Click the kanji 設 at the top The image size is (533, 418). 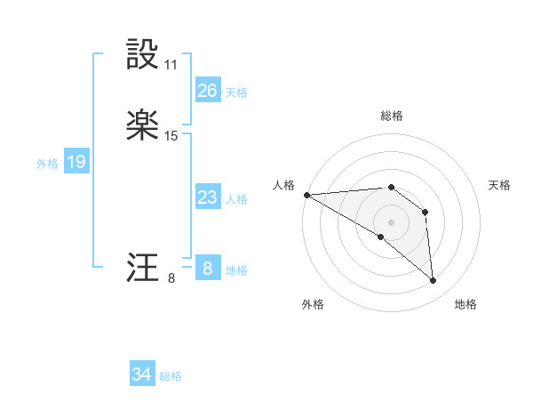coord(143,56)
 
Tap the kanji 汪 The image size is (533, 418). coord(143,268)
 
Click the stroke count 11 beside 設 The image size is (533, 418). coord(171,65)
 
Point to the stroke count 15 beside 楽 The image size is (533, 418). coord(171,136)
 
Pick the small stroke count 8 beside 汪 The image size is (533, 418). coord(171,277)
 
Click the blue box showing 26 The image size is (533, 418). coord(207,91)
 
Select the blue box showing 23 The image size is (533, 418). coord(207,197)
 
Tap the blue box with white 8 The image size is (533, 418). coord(207,269)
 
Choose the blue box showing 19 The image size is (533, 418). coord(76,162)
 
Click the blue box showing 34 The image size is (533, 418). coord(141,374)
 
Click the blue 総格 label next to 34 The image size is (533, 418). coord(171,376)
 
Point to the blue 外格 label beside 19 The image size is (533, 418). coord(47,164)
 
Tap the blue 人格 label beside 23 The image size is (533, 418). coord(236,199)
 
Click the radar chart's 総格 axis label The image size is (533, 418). coord(392,116)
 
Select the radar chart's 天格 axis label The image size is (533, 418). coord(500,185)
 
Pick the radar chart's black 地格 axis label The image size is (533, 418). coord(465,304)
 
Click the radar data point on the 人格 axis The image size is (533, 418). coord(306,195)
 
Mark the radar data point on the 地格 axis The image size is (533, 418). coord(433,280)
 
